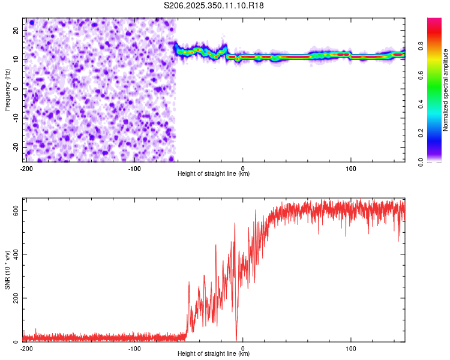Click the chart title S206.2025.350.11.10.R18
[x=214, y=5]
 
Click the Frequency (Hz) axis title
[x=8, y=89]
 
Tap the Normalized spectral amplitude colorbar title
[x=445, y=90]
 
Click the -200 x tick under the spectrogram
[x=26, y=168]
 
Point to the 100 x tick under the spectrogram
[x=351, y=168]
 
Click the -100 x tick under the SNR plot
[x=134, y=348]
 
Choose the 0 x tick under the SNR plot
[x=243, y=348]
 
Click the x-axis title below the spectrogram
[x=214, y=174]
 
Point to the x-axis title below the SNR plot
[x=214, y=354]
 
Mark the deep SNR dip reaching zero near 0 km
[x=236, y=338]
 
